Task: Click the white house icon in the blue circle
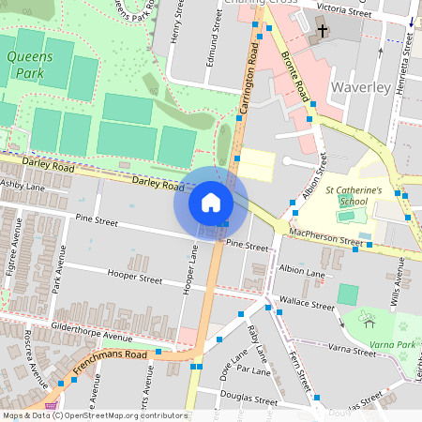[x=210, y=202]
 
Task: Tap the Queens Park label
[x=29, y=64]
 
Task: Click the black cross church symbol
[x=323, y=31]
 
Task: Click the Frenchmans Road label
[x=112, y=359]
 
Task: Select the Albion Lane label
[x=302, y=271]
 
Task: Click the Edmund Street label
[x=214, y=45]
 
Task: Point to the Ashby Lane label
[x=23, y=187]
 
